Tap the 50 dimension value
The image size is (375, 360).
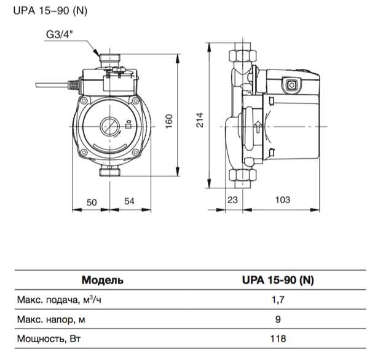tap(91, 201)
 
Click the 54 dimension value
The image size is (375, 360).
tap(130, 201)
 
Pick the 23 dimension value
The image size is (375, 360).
tap(232, 201)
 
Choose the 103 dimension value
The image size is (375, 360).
tap(282, 201)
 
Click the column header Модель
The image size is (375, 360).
tap(102, 279)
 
